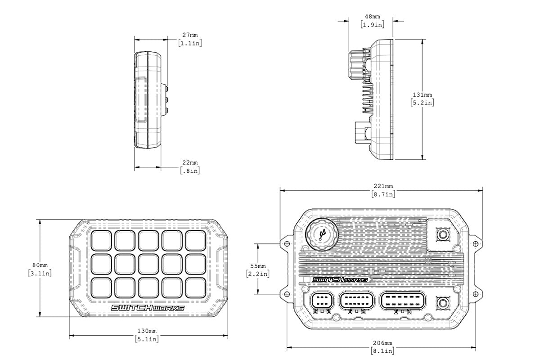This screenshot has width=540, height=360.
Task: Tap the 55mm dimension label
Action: (258, 265)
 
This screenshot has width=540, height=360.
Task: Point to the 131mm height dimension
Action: (423, 95)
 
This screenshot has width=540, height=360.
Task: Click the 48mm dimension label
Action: (372, 17)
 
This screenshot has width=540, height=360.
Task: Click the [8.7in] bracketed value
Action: (383, 194)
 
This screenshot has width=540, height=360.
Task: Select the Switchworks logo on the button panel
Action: (147, 307)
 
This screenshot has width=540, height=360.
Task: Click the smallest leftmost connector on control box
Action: (322, 301)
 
